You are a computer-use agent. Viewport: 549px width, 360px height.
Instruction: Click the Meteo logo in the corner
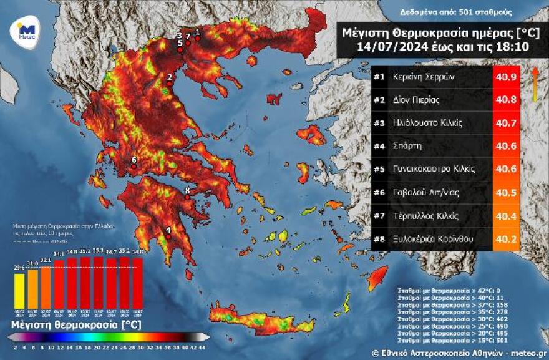click(26, 29)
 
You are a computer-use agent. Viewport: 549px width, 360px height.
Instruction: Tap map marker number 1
click(198, 38)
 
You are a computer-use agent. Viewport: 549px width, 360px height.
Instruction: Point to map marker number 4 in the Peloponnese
click(168, 237)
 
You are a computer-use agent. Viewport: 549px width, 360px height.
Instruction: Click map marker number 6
click(134, 167)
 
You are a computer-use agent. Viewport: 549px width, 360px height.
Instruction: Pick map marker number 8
click(187, 197)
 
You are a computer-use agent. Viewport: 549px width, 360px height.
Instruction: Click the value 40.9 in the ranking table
click(506, 78)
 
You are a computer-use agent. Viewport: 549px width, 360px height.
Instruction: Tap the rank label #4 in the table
click(379, 147)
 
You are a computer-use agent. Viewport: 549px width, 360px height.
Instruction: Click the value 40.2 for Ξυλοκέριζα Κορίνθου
click(506, 238)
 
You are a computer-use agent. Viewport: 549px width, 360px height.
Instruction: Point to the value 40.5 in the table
click(506, 193)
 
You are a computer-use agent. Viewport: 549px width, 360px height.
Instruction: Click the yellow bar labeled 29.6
click(19, 291)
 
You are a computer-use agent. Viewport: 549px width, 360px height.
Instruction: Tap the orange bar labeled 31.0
click(33, 288)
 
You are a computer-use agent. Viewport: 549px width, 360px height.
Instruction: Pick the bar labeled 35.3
click(98, 283)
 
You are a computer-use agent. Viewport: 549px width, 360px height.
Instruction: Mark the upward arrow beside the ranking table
click(535, 84)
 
